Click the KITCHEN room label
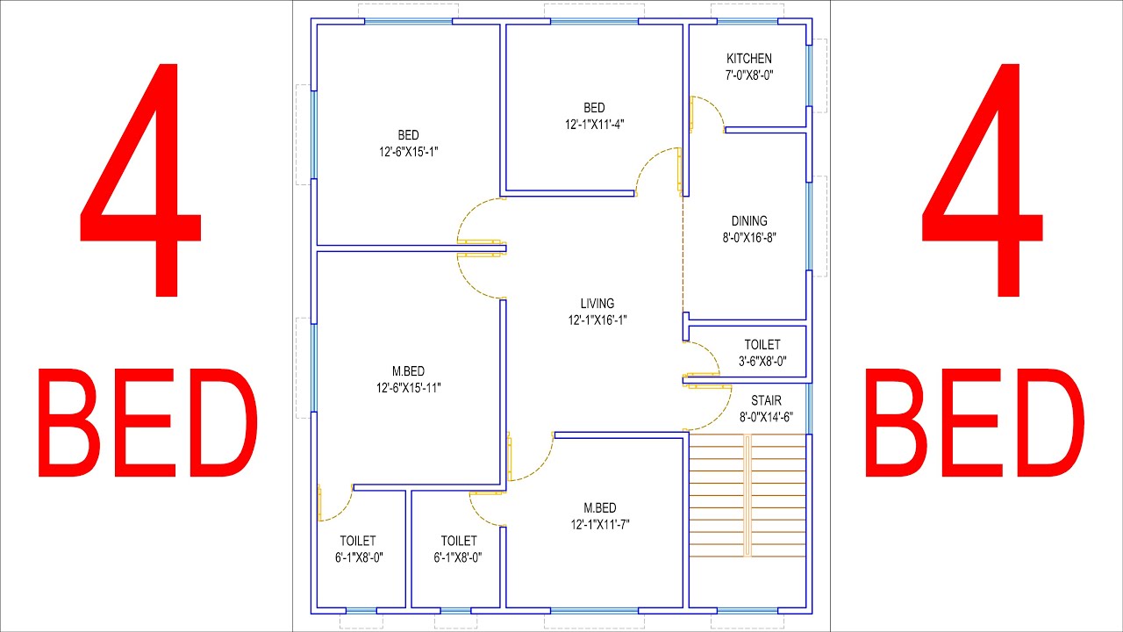749,59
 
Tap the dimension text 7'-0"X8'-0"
749,75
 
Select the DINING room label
749,221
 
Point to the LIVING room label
597,304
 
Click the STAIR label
766,400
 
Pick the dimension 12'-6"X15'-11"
409,388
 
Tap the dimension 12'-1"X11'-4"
595,125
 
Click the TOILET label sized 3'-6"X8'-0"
762,345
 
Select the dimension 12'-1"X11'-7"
600,524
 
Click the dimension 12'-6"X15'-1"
409,152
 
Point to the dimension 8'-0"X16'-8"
749,238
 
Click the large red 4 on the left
141,181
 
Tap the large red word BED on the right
975,422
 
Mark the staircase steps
747,496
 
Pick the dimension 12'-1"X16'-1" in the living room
597,320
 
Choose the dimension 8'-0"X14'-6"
766,417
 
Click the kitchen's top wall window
747,22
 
